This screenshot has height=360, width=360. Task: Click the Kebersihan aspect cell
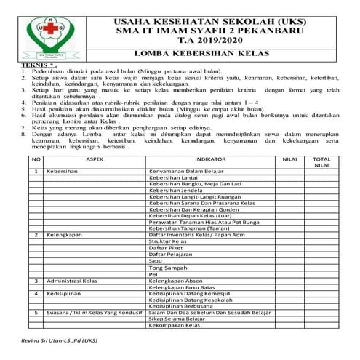[x=62, y=172]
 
